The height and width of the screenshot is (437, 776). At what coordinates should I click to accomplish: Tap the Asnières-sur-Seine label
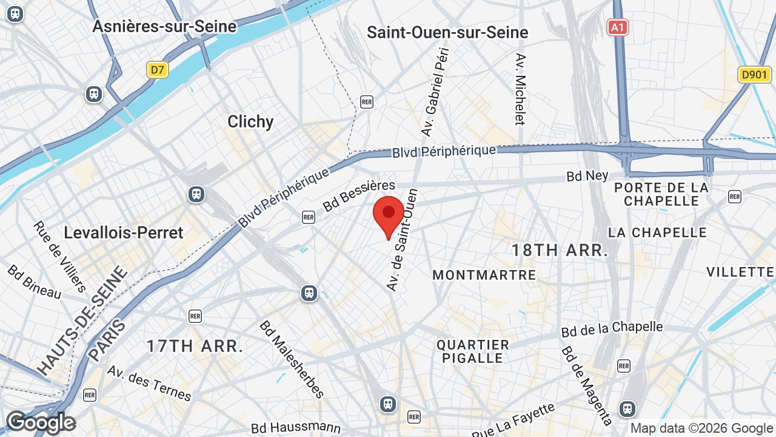(x=164, y=27)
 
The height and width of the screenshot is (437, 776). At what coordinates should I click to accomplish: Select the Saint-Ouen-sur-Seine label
(x=447, y=32)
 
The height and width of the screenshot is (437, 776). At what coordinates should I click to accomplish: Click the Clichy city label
(x=250, y=121)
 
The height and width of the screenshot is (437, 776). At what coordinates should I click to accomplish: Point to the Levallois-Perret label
(x=124, y=232)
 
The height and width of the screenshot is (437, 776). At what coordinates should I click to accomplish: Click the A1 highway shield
(x=617, y=27)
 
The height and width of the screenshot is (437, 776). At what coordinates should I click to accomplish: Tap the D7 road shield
(x=158, y=70)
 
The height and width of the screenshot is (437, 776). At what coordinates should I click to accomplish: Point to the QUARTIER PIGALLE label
(x=473, y=351)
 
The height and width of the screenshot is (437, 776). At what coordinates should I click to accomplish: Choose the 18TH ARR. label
(x=560, y=250)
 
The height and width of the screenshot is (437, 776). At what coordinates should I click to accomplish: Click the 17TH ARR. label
(x=195, y=347)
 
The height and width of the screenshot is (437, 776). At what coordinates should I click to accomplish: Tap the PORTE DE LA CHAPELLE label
(x=661, y=194)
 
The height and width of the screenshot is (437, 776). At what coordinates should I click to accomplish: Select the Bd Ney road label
(x=587, y=175)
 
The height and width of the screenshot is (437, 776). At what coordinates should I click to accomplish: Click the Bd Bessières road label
(x=359, y=195)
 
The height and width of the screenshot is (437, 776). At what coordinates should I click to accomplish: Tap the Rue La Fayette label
(x=513, y=421)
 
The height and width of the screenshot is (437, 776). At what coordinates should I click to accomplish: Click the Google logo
(x=41, y=422)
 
